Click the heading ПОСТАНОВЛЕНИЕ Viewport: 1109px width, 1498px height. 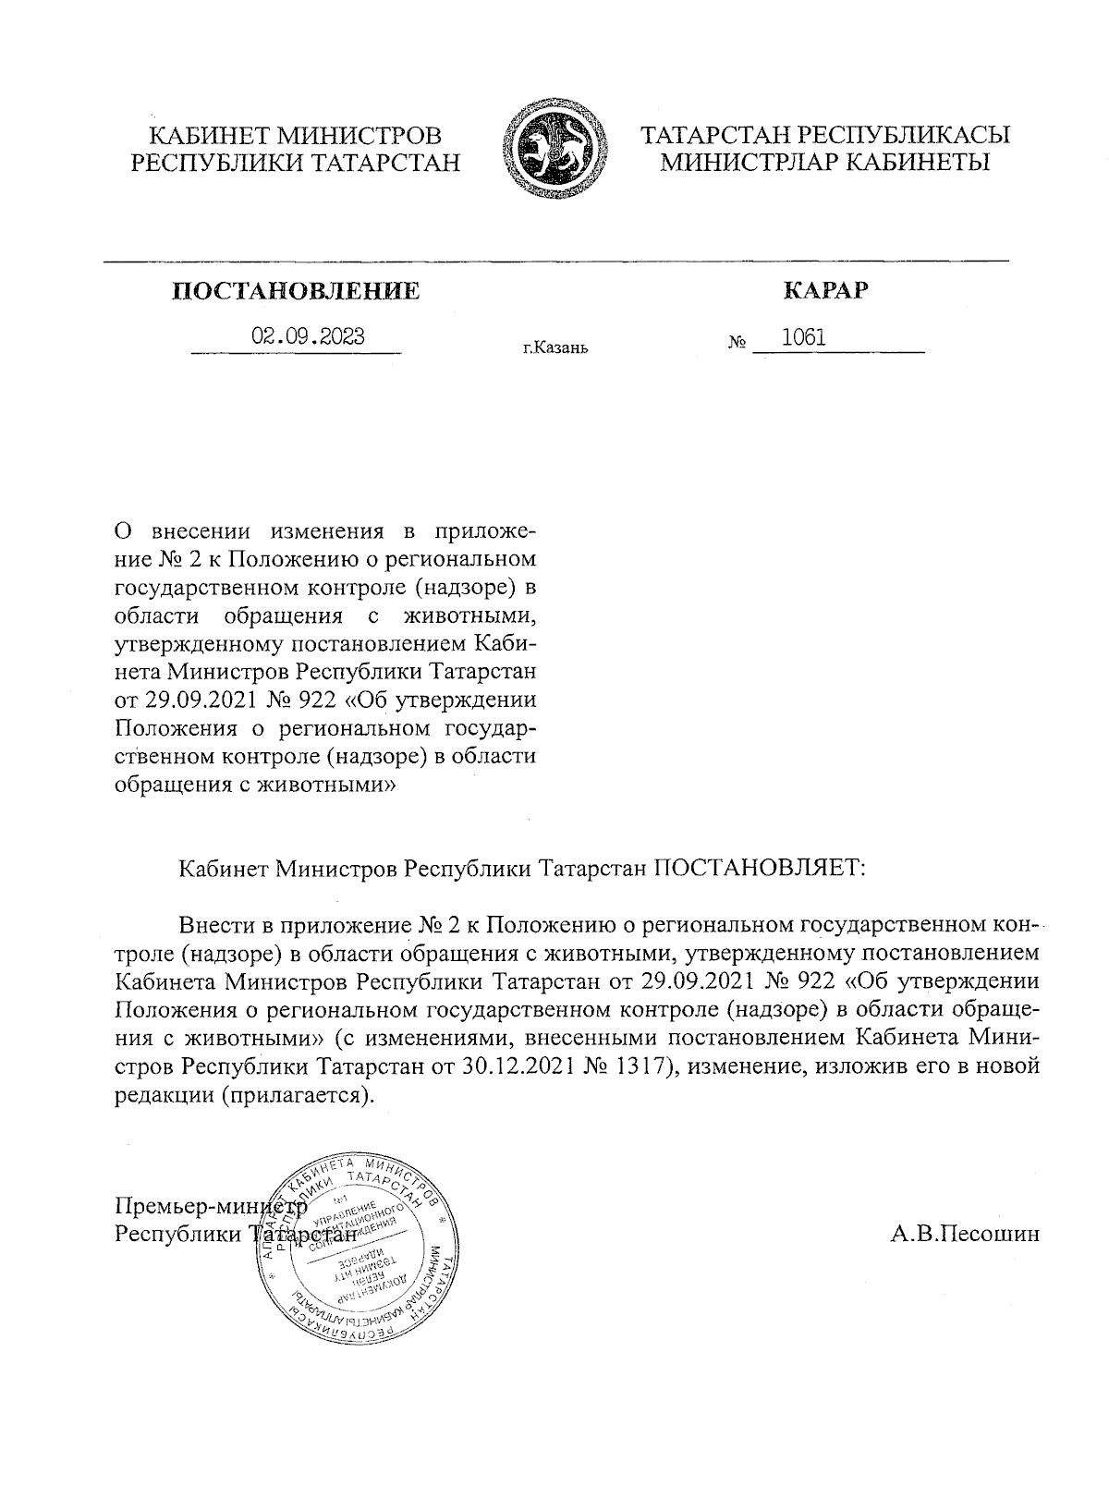[x=297, y=292]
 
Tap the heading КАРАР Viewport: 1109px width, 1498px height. [x=826, y=291]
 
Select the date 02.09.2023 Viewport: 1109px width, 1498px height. [x=309, y=336]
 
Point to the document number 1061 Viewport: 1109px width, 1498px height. [x=803, y=337]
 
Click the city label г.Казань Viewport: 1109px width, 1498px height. [x=554, y=348]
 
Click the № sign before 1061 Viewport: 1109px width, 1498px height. [x=737, y=343]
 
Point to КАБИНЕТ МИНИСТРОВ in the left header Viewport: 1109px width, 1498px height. [x=296, y=135]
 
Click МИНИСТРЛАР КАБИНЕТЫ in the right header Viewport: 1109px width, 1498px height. [x=825, y=163]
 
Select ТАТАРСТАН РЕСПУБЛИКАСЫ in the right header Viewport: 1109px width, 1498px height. [x=825, y=135]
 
